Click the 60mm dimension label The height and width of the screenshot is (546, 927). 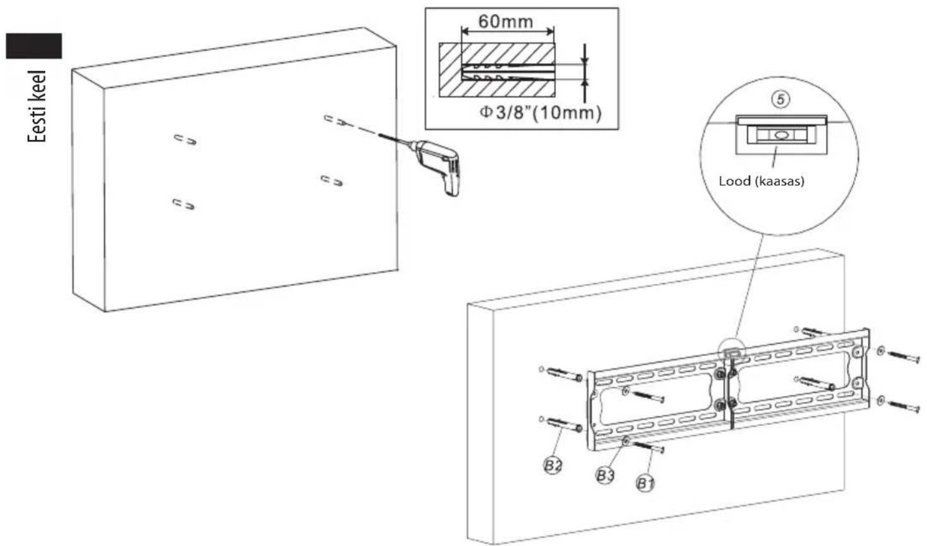[x=506, y=21]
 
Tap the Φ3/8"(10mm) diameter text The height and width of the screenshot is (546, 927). [x=541, y=112]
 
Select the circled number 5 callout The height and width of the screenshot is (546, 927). [x=780, y=100]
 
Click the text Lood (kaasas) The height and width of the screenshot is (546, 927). [x=762, y=181]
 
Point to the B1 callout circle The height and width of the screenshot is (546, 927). [x=645, y=483]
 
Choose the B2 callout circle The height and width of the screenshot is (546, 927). [x=553, y=465]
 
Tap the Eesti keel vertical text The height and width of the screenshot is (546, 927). [x=37, y=107]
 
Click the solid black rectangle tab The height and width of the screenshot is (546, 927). [x=34, y=46]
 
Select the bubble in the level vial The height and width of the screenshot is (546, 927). [x=780, y=135]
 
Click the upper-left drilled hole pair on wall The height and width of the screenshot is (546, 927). [x=185, y=139]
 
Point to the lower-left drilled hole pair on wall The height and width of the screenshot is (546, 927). [x=183, y=204]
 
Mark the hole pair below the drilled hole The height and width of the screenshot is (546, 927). [x=332, y=181]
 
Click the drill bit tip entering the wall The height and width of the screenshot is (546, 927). [x=379, y=134]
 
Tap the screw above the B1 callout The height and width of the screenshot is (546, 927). [x=649, y=447]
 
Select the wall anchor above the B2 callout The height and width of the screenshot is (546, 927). [x=565, y=425]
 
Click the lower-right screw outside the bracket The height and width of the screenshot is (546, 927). [x=904, y=407]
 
